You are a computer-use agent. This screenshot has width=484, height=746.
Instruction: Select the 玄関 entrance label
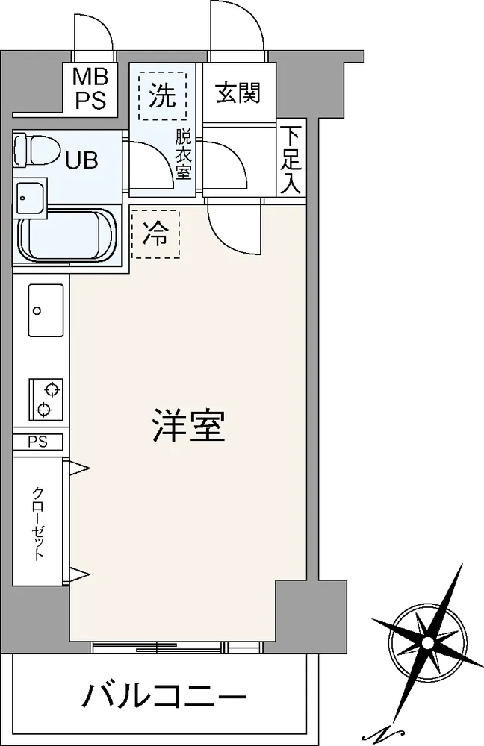coord(238,93)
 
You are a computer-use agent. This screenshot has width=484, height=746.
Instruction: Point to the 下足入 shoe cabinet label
coord(290,160)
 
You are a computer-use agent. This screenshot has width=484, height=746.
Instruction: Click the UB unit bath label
coord(82,160)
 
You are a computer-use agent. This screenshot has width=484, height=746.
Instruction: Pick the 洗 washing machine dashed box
coord(162,95)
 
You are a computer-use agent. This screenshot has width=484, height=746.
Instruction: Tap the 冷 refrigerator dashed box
coord(155,234)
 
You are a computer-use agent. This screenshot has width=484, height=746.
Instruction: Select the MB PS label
coord(90,89)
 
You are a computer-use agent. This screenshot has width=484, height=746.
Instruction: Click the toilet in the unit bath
coord(36,151)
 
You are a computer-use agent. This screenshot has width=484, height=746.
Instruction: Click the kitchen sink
coord(46,310)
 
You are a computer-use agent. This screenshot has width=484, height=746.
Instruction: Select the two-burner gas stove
coord(46,399)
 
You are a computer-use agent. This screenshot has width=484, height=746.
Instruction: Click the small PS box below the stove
coord(37,442)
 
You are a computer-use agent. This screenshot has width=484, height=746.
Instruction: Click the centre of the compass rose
coord(428,643)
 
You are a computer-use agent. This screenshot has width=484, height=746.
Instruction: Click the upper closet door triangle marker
coord(79,468)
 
